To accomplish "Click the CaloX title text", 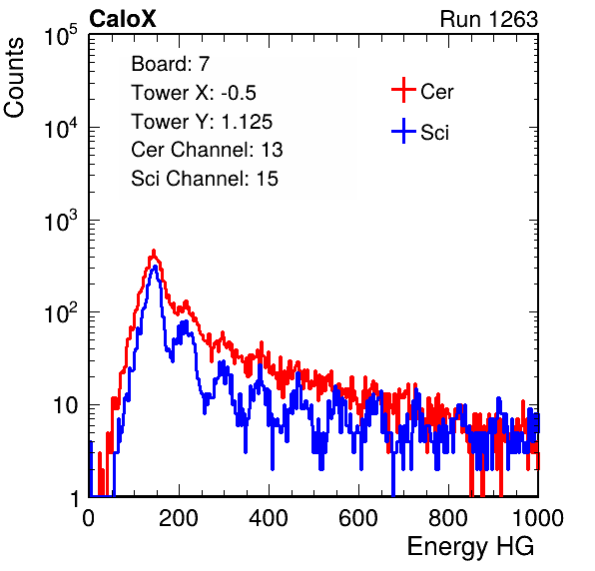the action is [x=123, y=19].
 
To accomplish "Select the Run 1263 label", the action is [x=489, y=19].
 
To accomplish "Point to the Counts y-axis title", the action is [x=14, y=78].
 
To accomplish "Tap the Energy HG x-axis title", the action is [x=470, y=547].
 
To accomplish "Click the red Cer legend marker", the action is [x=403, y=90].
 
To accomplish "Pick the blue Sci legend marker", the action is [x=403, y=131].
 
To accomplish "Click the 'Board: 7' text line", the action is [x=171, y=64].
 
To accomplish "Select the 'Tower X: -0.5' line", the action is [x=194, y=93].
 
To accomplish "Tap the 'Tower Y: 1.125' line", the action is [x=202, y=122].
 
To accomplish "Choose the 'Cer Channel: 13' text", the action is [x=207, y=150].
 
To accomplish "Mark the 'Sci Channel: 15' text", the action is [x=205, y=179].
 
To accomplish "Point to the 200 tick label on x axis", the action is [x=179, y=518].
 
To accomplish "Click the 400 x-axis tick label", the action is [x=269, y=518].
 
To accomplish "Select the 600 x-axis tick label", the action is [x=358, y=518].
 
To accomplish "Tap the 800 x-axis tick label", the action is [x=448, y=518].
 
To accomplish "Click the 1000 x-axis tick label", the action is [x=538, y=518].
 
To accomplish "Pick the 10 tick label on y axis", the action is [x=65, y=405].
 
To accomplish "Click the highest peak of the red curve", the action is [x=154, y=251].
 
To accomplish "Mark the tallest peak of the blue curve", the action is [x=155, y=267].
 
